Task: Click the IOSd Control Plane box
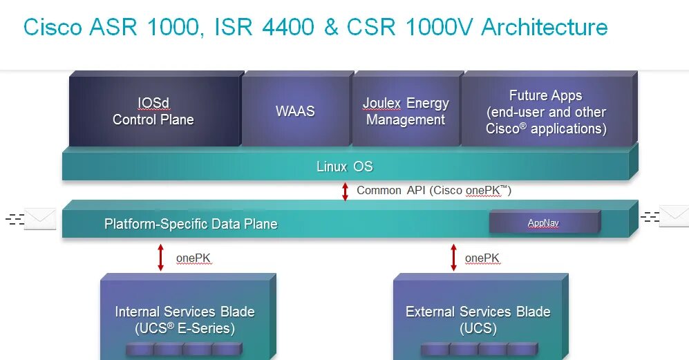point(153,111)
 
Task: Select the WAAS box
point(295,111)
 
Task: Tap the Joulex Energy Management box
point(406,111)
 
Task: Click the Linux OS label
point(344,167)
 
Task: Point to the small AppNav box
point(544,222)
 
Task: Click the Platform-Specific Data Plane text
point(191,224)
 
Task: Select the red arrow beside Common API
point(346,191)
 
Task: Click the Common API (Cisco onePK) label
point(434,190)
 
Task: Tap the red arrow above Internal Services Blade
point(161,257)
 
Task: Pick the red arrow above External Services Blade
point(453,257)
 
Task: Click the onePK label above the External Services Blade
point(482,258)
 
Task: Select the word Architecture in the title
point(545,27)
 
